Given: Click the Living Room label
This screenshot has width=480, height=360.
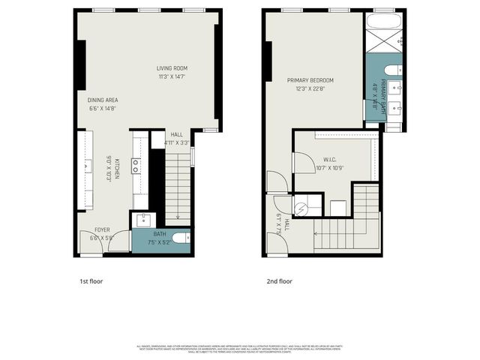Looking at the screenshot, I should [172, 67].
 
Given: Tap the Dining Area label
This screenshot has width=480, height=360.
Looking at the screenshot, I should [103, 100].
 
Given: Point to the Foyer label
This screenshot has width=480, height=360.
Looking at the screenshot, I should [102, 229].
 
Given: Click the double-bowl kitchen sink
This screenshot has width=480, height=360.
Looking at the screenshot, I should [136, 166].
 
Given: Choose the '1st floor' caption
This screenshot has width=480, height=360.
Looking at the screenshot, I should [91, 281].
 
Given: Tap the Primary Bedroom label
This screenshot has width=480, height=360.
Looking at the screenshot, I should [310, 80].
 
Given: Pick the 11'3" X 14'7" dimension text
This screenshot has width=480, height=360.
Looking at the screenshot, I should [172, 76].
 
